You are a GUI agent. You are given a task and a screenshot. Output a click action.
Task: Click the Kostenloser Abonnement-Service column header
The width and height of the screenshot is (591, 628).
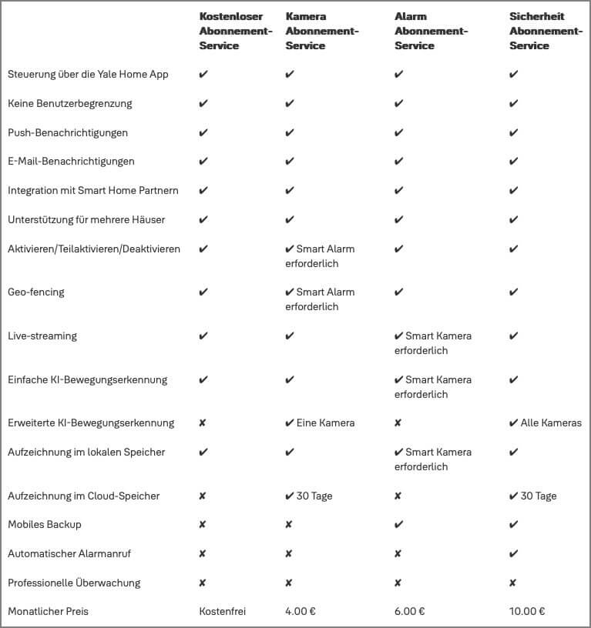coord(236,31)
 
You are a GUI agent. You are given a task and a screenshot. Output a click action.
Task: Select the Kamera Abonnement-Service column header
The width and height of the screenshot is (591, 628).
coord(321,31)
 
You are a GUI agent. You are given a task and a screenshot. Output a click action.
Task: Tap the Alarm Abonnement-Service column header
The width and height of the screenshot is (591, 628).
coord(431,31)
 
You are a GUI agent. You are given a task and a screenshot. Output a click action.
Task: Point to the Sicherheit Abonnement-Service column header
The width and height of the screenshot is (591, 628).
coord(546,31)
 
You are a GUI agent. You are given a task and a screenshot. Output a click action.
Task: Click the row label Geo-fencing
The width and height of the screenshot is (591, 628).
coord(36,292)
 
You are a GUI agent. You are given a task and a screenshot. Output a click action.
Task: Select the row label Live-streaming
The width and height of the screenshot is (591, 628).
coord(42,336)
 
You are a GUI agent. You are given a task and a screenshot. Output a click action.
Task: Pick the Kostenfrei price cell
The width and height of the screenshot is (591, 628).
coord(222,612)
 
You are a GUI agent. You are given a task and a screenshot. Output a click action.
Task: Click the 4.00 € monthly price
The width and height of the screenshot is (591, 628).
coord(301,612)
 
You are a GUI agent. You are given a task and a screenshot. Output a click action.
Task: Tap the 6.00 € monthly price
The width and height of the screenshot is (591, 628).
coord(410,612)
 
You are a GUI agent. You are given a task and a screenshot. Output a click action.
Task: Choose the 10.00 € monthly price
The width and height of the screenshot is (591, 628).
coord(527,612)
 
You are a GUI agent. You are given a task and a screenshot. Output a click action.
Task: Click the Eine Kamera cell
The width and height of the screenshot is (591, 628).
coord(320,423)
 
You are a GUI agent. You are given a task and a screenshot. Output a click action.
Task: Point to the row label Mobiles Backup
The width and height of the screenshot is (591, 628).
coord(45,525)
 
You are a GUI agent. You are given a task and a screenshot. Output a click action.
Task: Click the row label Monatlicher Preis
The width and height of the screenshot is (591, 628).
coord(48,612)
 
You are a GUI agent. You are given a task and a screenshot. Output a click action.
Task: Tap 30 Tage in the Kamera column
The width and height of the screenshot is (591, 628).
coord(309,496)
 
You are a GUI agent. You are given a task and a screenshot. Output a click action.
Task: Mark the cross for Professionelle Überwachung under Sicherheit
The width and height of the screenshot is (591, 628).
coord(513,583)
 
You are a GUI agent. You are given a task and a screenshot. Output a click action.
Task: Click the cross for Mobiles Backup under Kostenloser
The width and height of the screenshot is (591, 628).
coord(203,525)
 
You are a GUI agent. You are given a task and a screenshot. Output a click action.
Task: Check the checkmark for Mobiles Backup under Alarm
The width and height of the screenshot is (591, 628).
coord(398,525)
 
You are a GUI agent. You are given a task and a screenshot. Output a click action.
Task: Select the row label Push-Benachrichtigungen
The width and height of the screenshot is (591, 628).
coord(68,133)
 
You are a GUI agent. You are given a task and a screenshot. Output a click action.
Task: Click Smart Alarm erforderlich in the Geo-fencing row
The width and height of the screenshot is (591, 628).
coord(320,299)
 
